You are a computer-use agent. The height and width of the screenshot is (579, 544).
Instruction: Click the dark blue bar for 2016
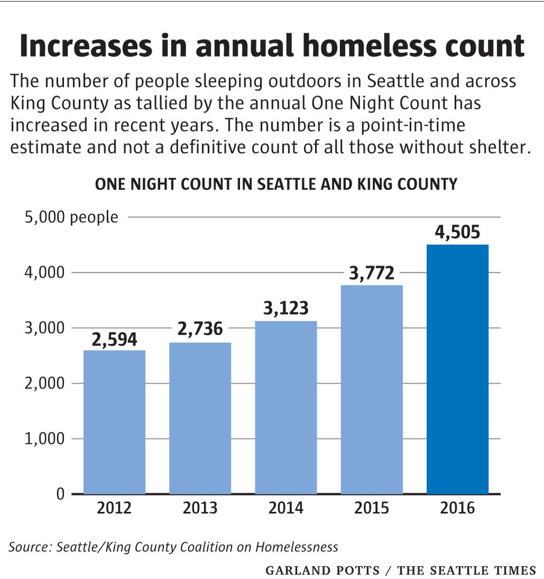coord(457,369)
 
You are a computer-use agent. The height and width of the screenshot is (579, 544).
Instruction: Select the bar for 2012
coord(115,422)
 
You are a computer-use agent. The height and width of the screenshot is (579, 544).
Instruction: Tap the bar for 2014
coord(286,407)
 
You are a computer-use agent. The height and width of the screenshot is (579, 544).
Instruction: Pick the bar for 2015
coord(372,389)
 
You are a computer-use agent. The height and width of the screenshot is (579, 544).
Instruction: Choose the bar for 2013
coord(200,418)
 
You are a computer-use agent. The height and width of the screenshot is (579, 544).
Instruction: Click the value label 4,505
coord(457,232)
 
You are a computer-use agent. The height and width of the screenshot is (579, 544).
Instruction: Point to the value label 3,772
coord(372,274)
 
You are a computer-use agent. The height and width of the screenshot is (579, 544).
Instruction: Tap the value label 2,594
coord(115,340)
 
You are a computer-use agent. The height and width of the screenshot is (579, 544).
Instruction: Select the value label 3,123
coord(286,308)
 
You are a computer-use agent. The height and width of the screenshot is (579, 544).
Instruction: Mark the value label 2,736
coord(200,329)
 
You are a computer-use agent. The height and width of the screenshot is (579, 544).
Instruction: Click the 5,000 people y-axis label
coord(71,218)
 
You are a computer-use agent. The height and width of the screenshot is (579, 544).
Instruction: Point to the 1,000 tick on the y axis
coord(45,439)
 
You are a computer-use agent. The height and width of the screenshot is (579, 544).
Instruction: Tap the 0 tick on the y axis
coord(60,494)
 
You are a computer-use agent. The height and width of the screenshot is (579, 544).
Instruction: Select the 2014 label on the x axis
coord(286,508)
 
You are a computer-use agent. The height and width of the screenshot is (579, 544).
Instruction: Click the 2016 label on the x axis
coord(457,508)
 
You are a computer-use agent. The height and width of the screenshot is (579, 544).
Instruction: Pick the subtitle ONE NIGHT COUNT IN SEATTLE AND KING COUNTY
coord(276,184)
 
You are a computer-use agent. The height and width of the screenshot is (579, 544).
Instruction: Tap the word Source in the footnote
coord(30,547)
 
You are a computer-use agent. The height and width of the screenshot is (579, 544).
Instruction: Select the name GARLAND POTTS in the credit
coord(323,570)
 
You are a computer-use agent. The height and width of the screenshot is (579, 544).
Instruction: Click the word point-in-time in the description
coord(413,126)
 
